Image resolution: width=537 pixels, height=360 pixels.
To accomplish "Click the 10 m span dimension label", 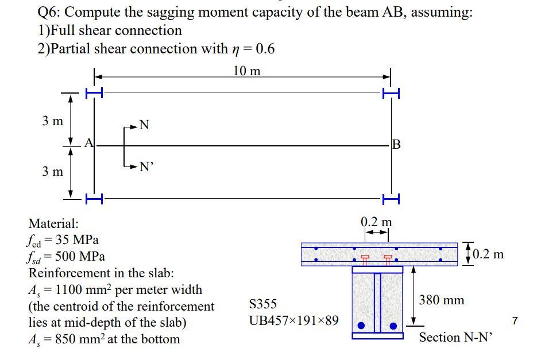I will click(x=247, y=71).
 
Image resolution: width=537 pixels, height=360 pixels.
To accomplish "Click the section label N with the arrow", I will click(x=144, y=125).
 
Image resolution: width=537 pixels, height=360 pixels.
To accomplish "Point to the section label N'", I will click(x=146, y=167).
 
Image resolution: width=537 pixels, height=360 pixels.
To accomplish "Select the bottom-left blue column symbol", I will click(x=94, y=199).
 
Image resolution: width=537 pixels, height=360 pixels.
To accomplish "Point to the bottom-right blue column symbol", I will click(x=391, y=199).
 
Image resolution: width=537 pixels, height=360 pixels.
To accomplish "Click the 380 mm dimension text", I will click(x=442, y=300).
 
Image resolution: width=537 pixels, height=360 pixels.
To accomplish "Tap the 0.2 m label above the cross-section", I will click(x=376, y=222).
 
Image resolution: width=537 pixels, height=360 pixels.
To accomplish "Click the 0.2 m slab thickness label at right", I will click(x=486, y=253).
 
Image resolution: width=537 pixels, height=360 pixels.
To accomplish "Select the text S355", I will click(x=263, y=303).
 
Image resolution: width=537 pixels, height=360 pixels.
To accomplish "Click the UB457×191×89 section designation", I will click(x=293, y=320).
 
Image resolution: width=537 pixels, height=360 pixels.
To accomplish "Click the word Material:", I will click(x=53, y=223).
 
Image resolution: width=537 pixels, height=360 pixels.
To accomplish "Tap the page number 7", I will click(x=515, y=320).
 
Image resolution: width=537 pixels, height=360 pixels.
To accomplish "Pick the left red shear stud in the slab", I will click(x=364, y=259).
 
